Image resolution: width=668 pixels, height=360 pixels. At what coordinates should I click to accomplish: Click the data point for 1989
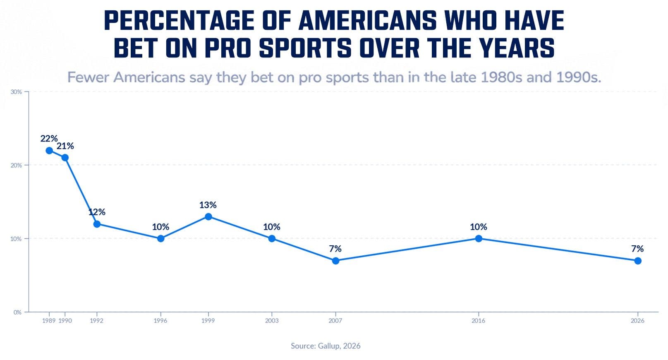coord(49,151)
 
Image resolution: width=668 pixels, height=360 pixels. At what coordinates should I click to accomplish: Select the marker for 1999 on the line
coord(208,216)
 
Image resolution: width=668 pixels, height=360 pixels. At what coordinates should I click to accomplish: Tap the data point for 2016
coord(479,239)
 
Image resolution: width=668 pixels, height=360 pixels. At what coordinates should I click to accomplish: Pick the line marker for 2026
coord(638,261)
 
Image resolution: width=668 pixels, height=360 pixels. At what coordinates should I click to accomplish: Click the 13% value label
coord(208,205)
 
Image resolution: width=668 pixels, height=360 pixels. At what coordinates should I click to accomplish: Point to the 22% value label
coord(49,138)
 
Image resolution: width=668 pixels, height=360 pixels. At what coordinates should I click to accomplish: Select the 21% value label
coord(65,146)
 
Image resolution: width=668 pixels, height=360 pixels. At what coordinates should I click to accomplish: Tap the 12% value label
coord(97,212)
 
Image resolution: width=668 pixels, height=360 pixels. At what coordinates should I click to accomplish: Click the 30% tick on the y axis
coord(17,92)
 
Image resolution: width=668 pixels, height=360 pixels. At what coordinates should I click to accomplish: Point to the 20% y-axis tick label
coord(17,165)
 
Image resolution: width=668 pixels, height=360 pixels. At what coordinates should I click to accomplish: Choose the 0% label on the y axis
coord(18,312)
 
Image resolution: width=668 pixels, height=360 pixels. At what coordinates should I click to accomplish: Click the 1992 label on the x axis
coord(97,321)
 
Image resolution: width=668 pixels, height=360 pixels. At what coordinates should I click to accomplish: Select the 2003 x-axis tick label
coord(272,321)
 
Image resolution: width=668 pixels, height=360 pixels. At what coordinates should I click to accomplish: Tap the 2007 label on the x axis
coord(335,321)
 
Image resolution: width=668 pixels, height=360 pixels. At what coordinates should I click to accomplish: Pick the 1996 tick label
coord(160,321)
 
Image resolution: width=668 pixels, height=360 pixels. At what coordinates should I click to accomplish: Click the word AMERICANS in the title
coord(368,21)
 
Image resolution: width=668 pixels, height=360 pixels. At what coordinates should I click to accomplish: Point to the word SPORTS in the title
coord(305,48)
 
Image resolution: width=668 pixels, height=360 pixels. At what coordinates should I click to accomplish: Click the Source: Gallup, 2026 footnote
coord(326,346)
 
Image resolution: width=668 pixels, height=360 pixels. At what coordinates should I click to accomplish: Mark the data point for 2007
coord(335,261)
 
